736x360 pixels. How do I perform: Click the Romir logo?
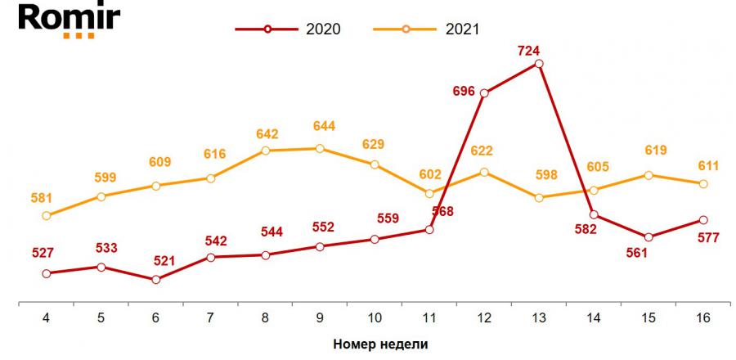click(60, 20)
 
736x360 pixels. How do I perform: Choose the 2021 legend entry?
click(426, 29)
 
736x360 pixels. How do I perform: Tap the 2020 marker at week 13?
click(539, 63)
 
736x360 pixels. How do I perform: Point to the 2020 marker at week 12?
click(484, 93)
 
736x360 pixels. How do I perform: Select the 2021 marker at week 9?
click(320, 148)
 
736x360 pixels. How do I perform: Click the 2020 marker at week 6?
click(155, 279)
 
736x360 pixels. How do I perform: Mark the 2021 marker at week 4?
click(47, 216)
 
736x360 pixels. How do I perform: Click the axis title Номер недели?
click(380, 344)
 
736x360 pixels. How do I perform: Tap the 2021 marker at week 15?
click(648, 175)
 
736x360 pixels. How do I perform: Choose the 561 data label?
click(637, 252)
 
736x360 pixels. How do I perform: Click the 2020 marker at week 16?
click(703, 220)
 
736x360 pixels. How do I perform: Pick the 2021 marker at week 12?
click(484, 172)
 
